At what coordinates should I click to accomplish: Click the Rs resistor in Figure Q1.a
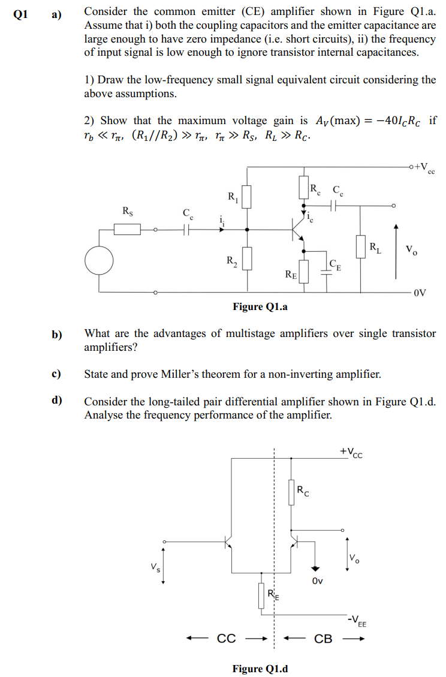(127, 230)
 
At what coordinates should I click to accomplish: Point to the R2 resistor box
(246, 258)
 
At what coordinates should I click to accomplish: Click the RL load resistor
(361, 246)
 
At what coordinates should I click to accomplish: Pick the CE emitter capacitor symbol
(327, 270)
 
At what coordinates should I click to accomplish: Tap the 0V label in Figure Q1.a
(420, 293)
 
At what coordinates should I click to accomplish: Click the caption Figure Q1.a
(260, 307)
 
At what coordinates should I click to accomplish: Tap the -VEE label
(357, 620)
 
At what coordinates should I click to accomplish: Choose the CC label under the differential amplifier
(226, 639)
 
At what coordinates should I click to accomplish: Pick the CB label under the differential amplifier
(323, 639)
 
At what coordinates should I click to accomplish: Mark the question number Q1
(19, 13)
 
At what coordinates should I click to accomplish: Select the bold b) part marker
(57, 335)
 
